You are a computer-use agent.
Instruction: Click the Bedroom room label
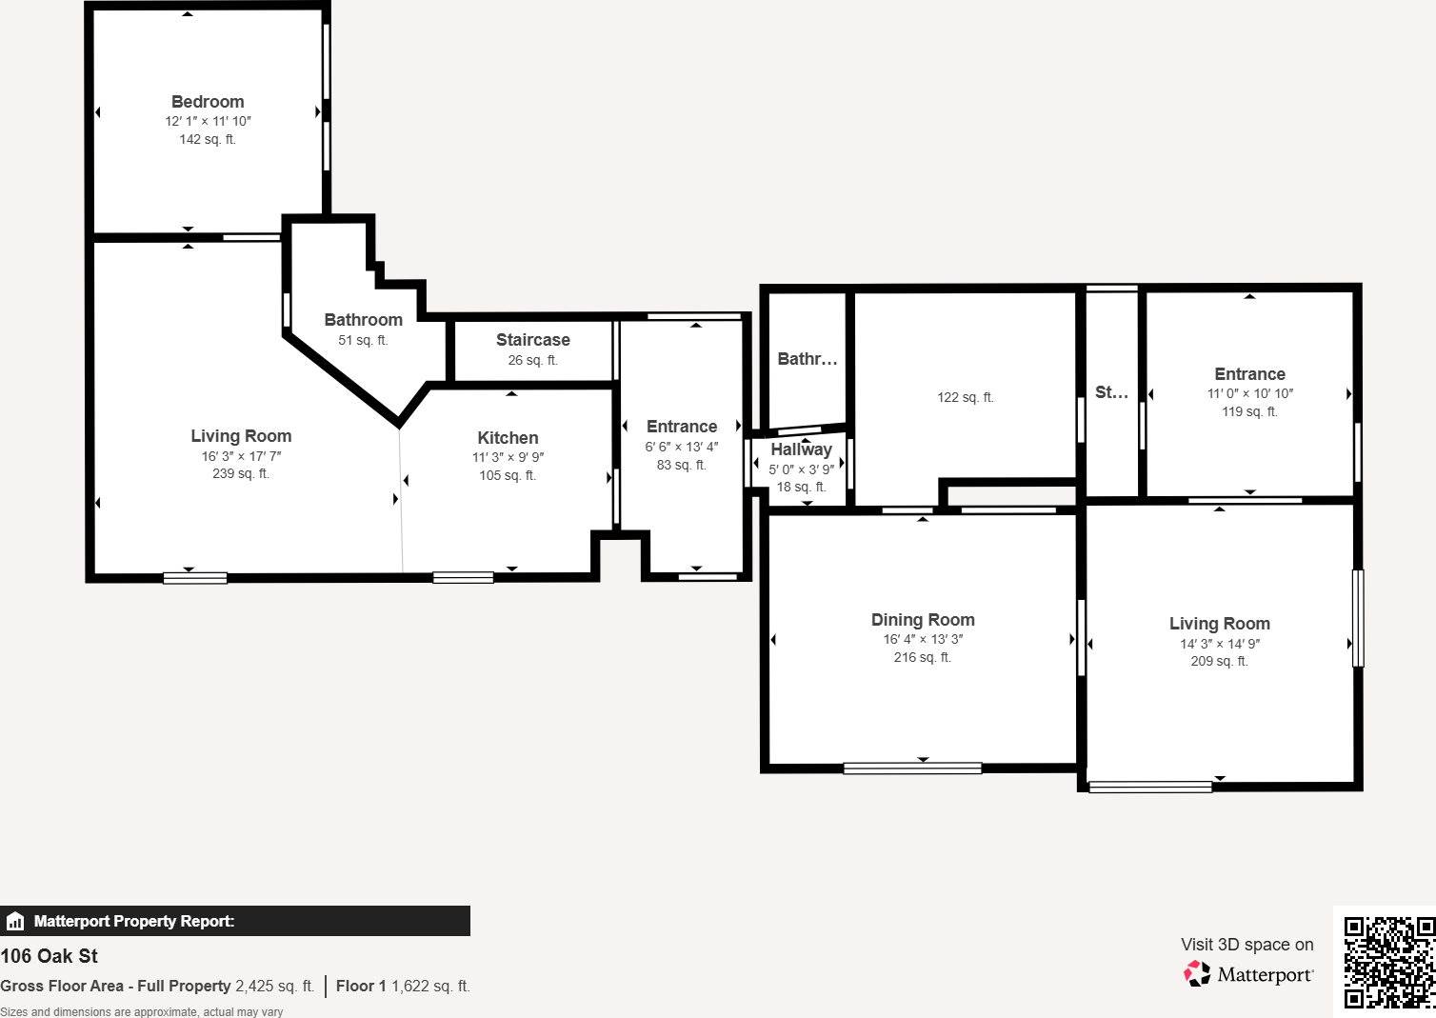(208, 102)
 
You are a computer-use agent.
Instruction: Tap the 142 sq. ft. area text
(208, 139)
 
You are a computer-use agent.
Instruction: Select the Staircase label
(532, 340)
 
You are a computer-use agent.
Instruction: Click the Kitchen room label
(508, 438)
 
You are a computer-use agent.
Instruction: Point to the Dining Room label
(923, 620)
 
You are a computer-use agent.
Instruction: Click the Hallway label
(801, 449)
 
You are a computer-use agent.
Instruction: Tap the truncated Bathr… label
(807, 359)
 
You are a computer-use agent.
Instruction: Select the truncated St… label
(1111, 392)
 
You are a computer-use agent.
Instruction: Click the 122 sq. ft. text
(965, 397)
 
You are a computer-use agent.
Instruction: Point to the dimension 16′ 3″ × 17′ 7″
(241, 456)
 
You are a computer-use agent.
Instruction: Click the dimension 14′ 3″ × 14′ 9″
(1220, 644)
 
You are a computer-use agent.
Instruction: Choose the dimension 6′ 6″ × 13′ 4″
(682, 447)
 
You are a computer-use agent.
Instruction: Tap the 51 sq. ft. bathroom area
(363, 340)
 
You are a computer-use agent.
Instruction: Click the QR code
(1388, 962)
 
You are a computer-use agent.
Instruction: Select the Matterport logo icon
(1197, 973)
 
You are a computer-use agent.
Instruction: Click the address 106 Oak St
(50, 956)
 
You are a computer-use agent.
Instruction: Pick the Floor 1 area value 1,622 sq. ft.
(430, 987)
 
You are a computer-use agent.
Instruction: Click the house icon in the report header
(15, 921)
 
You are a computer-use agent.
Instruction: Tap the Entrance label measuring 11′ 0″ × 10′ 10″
(1249, 374)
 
